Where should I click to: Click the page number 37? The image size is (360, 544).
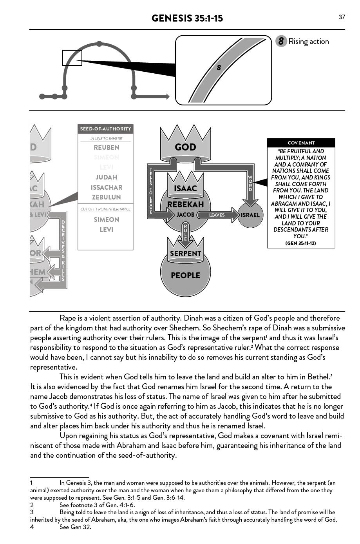(x=342, y=17)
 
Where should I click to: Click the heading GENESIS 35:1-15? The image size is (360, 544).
(x=187, y=18)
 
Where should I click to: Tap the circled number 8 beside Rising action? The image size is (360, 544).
(x=281, y=41)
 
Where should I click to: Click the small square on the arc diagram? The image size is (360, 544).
(x=72, y=58)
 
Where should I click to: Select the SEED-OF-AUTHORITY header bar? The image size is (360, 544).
(x=105, y=129)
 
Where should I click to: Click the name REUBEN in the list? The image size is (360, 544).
(x=106, y=147)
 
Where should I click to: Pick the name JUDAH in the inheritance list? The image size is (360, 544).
(x=106, y=177)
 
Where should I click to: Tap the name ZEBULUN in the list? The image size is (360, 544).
(x=106, y=197)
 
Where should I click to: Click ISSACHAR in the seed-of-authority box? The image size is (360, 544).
(x=106, y=187)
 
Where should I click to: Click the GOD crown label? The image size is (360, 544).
(x=185, y=147)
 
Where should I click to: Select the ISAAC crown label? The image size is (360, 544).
(x=185, y=189)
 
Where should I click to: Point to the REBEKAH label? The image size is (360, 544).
(x=185, y=205)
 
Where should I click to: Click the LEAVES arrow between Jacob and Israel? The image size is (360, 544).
(x=218, y=215)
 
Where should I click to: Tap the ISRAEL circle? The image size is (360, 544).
(x=250, y=215)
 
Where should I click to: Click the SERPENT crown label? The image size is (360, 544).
(x=185, y=253)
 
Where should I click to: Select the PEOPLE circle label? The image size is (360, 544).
(x=185, y=276)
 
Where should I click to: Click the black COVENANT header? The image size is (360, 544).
(x=301, y=143)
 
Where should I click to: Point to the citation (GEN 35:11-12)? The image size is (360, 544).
(x=301, y=243)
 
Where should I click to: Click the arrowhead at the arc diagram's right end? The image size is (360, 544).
(x=167, y=96)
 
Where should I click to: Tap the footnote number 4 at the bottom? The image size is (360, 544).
(x=32, y=527)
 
